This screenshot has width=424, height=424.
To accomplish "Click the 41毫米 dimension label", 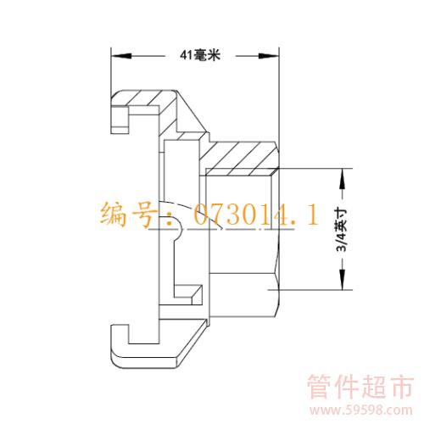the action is tap(200, 55).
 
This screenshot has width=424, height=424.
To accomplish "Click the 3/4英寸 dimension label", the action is tap(342, 230).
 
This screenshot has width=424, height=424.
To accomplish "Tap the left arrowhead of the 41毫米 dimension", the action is tap(121, 56).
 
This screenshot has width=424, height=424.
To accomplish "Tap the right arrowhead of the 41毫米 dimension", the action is tap(269, 56).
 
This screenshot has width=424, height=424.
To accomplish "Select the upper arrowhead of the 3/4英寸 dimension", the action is tap(343, 179).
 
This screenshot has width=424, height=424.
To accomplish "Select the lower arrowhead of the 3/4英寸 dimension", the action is tap(343, 279).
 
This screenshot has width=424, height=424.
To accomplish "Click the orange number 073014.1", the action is tap(256, 215).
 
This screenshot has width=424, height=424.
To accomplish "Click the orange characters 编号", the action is tap(128, 215).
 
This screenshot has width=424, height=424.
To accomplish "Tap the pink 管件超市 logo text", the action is tap(360, 387).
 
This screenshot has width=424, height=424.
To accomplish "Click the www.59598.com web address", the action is tap(361, 410).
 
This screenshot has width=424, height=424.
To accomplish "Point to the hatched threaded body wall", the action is tap(240, 159).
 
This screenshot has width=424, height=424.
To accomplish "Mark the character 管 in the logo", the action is tap(321, 387).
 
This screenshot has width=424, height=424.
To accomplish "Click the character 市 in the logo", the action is tap(401, 387).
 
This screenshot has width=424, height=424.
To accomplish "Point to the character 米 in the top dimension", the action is tap(214, 55).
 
